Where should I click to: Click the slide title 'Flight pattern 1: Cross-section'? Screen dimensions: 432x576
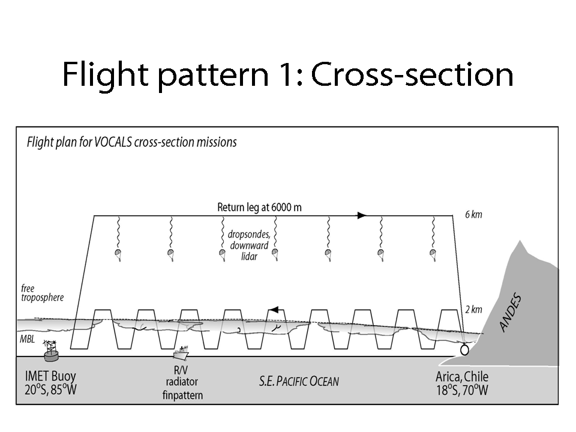[x=288, y=76]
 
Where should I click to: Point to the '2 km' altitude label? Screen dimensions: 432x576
[x=473, y=310]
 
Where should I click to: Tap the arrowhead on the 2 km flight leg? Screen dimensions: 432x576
[x=274, y=310]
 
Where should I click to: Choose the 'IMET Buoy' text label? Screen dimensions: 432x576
[x=51, y=377]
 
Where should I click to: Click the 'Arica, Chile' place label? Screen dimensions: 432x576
[x=462, y=377]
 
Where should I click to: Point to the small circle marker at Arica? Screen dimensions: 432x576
[x=464, y=350]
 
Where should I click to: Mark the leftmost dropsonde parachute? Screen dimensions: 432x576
[x=118, y=253]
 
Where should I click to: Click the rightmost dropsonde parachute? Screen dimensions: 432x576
[x=431, y=253]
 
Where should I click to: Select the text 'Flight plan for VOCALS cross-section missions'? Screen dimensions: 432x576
[x=132, y=142]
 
